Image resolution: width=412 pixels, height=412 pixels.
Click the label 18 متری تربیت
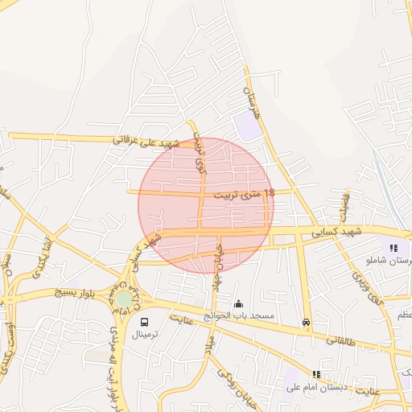[245, 194]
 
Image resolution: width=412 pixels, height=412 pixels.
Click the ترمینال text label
[146, 333]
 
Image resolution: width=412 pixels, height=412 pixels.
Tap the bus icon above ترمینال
[145, 322]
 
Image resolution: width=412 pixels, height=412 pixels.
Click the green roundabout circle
[123, 299]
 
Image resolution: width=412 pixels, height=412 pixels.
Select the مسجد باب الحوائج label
[238, 316]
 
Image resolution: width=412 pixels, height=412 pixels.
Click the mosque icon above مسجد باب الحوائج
[238, 304]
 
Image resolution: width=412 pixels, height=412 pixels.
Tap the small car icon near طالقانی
[306, 323]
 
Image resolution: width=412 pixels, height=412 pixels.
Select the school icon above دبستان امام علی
[316, 374]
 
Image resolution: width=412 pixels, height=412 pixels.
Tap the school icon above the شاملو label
[393, 248]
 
